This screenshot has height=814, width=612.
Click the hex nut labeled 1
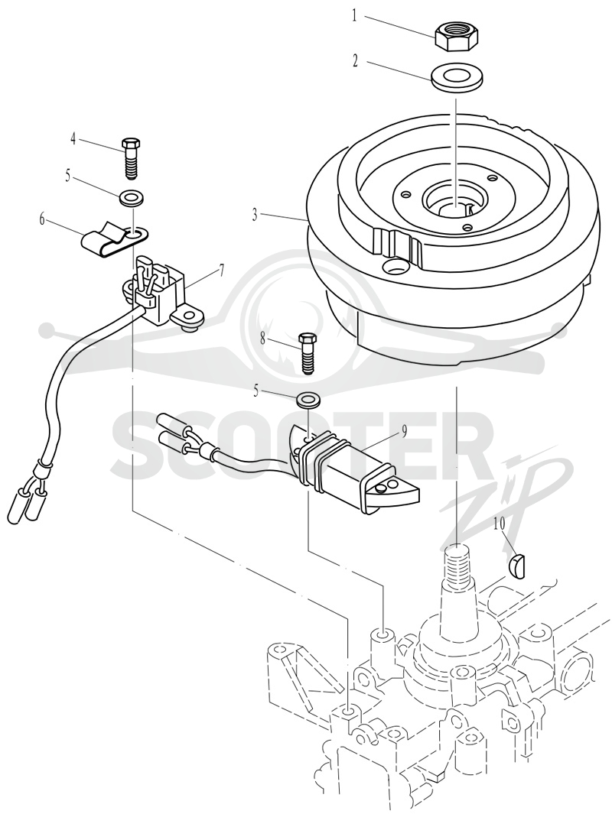coord(454,37)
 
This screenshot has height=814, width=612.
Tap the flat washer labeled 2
coord(454,78)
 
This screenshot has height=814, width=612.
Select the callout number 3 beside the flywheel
coord(255,216)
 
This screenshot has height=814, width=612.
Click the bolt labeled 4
coord(130,157)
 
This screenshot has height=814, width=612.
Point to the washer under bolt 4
coord(132,198)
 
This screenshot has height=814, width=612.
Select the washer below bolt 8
coord(308,401)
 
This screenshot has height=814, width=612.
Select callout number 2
coord(356,61)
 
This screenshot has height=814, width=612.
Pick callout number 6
coord(41,219)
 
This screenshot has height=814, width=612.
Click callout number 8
coord(263,339)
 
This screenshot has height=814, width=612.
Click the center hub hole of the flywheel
coord(454,203)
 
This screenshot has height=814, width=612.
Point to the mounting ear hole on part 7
coord(191,316)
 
